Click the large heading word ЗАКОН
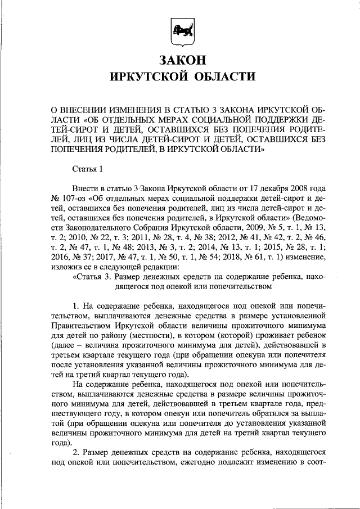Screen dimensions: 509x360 [x=180, y=60]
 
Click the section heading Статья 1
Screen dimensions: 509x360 [x=88, y=168]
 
